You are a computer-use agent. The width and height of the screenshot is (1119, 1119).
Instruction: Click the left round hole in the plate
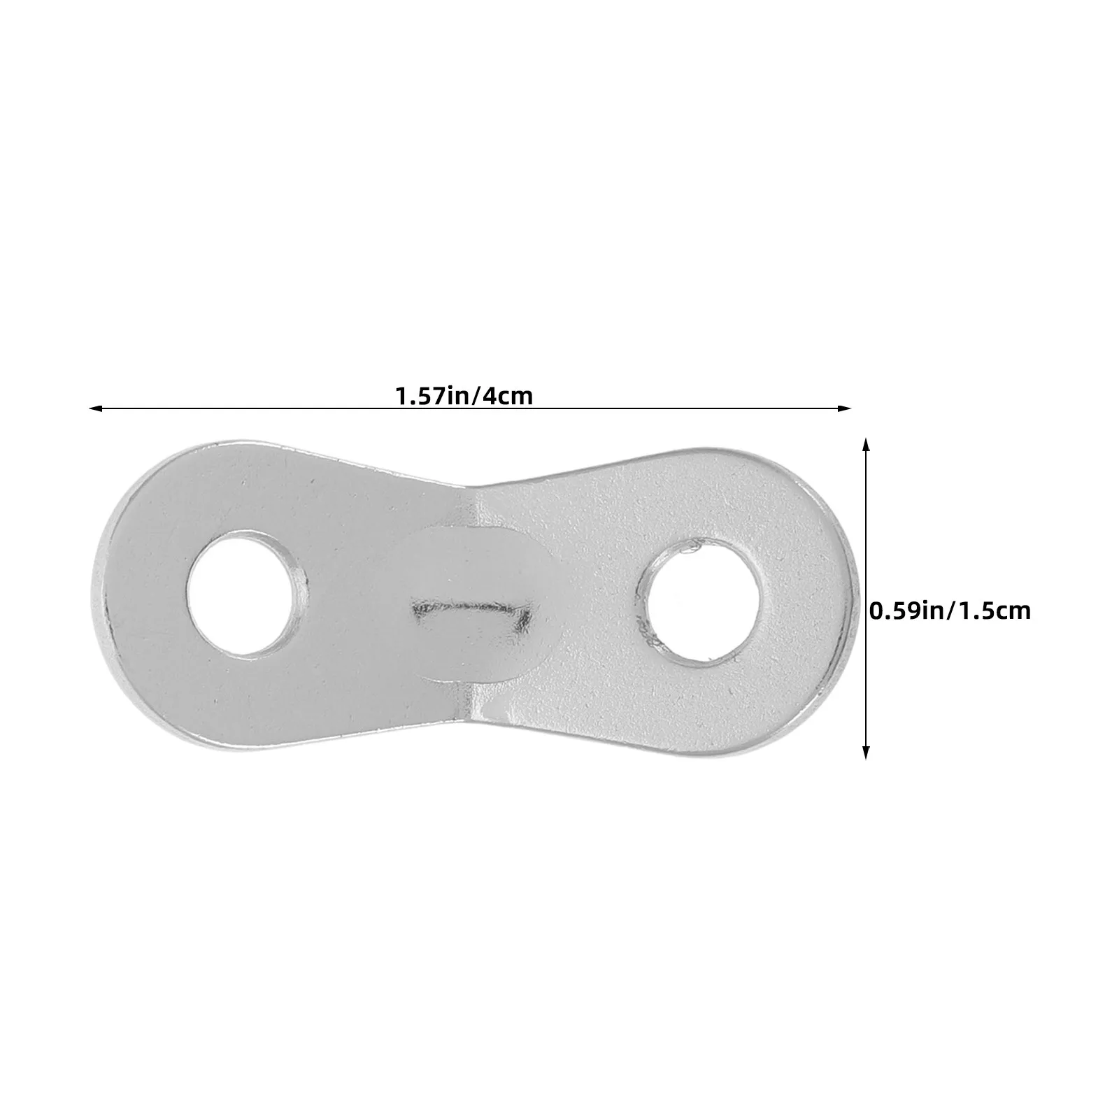pyautogui.click(x=249, y=592)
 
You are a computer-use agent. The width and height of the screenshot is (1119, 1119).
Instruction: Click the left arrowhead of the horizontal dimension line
pyautogui.click(x=96, y=408)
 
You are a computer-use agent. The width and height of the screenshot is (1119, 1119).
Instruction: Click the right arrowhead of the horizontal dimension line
pyautogui.click(x=846, y=408)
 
